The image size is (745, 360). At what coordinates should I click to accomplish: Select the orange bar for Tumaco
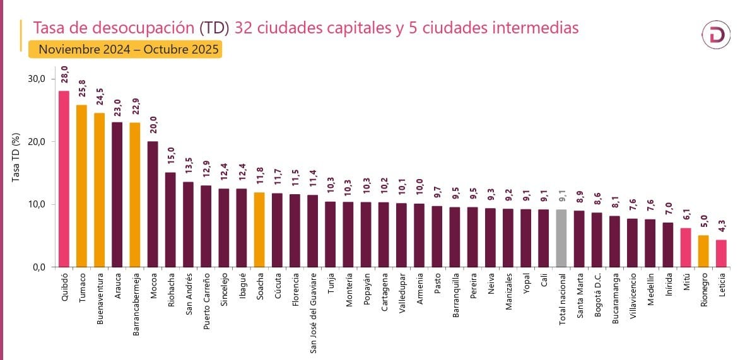[81, 185]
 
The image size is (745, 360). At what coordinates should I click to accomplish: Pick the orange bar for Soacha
[259, 229]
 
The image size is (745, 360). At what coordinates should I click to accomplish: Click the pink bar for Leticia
[721, 253]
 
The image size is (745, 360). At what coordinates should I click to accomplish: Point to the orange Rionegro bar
[703, 251]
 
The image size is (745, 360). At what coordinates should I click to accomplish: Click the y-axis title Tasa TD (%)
[16, 158]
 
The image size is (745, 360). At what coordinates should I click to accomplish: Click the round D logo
[716, 36]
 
